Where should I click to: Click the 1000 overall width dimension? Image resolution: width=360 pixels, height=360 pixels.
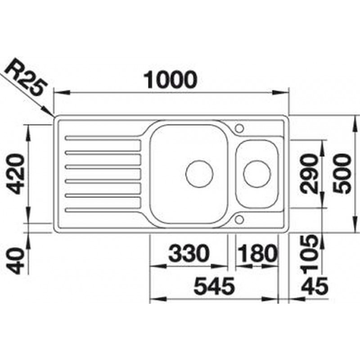(170, 80)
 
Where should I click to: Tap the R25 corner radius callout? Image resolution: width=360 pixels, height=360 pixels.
(26, 77)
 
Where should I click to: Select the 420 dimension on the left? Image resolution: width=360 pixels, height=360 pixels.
(16, 174)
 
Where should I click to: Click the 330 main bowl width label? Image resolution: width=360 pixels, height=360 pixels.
(189, 253)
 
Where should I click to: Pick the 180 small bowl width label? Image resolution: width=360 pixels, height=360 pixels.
(256, 253)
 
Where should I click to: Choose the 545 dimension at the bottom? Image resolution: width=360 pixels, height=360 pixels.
(214, 286)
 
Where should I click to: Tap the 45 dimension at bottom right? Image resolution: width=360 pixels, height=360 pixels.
(315, 286)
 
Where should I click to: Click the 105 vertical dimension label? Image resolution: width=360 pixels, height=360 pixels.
(310, 254)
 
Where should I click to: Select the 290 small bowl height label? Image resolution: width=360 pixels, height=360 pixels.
(309, 174)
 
